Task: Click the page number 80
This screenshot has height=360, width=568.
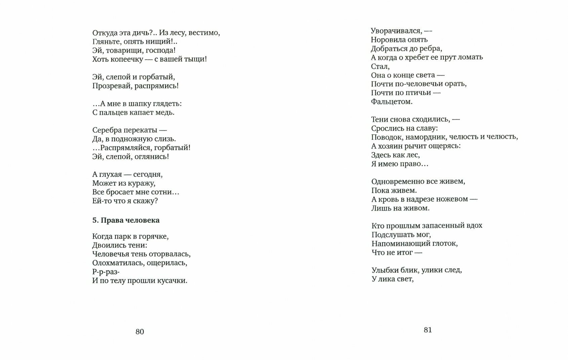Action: click(139, 332)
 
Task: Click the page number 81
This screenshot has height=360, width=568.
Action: click(428, 330)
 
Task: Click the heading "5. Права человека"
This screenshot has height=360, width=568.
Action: click(126, 220)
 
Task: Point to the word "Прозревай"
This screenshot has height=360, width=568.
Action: click(112, 86)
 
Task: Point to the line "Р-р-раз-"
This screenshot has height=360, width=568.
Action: click(106, 272)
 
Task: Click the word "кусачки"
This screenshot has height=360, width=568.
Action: click(172, 280)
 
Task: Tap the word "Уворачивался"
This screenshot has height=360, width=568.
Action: click(395, 31)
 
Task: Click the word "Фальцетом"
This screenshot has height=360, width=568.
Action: click(392, 101)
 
